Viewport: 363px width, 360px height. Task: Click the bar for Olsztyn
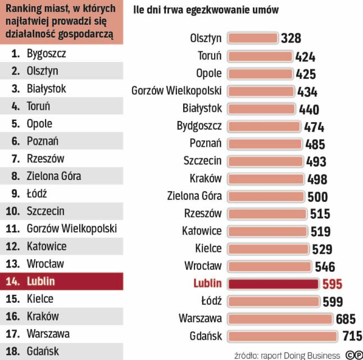click(252, 38)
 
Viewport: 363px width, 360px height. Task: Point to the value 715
click(352, 336)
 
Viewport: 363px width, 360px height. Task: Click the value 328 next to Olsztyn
click(291, 38)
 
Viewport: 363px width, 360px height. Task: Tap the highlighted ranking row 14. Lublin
click(61, 281)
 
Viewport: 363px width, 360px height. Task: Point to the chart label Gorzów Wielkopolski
click(176, 91)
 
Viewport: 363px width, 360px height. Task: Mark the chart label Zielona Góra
click(194, 196)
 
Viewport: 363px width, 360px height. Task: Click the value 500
click(317, 197)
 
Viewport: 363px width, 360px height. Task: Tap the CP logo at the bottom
click(353, 355)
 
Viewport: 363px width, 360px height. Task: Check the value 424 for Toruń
click(305, 56)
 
